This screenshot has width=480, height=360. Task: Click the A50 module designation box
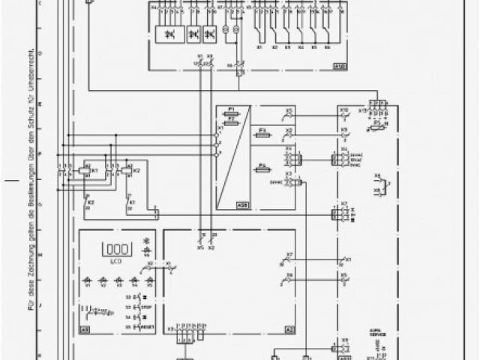(x=242, y=203)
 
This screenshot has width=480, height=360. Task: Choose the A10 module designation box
(x=339, y=66)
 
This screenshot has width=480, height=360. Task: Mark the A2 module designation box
(x=288, y=330)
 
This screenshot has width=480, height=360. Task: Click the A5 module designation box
(x=85, y=330)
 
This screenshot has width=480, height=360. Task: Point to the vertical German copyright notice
(x=32, y=180)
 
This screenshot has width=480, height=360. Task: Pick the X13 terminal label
(x=362, y=110)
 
